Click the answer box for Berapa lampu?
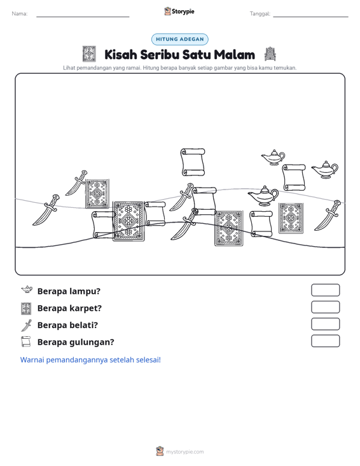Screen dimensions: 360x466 (325, 290)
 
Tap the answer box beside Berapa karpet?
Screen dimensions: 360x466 (325, 307)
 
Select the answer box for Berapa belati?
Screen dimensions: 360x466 (325, 324)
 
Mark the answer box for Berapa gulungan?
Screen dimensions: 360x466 (325, 341)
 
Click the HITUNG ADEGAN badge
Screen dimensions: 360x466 (180, 39)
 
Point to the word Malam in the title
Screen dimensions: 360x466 (234, 55)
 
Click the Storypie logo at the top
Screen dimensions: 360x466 (179, 11)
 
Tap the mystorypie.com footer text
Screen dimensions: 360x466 (184, 452)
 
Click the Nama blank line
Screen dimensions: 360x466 (83, 17)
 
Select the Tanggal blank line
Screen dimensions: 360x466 (310, 17)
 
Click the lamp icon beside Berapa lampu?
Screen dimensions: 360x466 (27, 289)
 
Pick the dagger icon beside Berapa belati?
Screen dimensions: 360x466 (27, 325)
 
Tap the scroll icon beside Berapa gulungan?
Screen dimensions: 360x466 (26, 342)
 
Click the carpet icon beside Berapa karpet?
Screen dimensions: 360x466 (26, 308)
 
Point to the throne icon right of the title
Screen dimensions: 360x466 (270, 54)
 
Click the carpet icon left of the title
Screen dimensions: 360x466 (89, 54)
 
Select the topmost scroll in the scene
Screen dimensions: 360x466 (193, 162)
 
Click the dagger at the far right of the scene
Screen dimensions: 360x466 (328, 216)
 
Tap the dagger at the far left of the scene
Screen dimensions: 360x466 (46, 210)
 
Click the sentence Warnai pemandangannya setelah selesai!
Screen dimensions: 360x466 (90, 360)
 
